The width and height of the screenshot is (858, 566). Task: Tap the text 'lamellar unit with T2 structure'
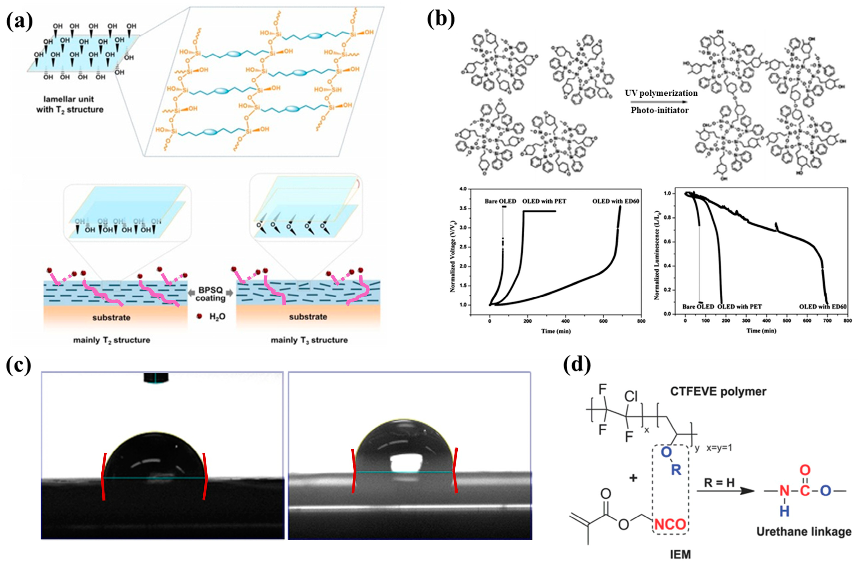click(x=70, y=104)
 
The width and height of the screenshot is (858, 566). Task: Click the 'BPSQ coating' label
click(x=211, y=294)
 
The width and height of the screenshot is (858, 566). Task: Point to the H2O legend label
click(x=217, y=317)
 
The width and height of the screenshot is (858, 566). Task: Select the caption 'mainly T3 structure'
click(x=309, y=340)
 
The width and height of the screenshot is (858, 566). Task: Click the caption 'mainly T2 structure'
click(x=112, y=340)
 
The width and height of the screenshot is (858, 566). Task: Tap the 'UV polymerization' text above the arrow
click(x=661, y=93)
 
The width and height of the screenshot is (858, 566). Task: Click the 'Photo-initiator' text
click(x=659, y=110)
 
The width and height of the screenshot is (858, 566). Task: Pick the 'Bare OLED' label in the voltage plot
click(x=500, y=201)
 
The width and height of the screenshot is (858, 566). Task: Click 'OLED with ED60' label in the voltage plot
click(x=615, y=201)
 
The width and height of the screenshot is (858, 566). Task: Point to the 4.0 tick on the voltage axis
click(x=463, y=189)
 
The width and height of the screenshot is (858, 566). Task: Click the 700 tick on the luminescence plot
click(x=827, y=321)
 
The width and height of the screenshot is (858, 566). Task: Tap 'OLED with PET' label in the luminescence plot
click(x=739, y=307)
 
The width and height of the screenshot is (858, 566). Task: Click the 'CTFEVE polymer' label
click(x=718, y=392)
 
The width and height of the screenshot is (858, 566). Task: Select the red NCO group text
click(x=670, y=524)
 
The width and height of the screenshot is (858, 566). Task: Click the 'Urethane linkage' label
click(x=804, y=532)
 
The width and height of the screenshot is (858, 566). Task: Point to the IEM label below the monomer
click(x=680, y=554)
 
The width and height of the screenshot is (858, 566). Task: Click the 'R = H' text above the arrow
click(x=719, y=483)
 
